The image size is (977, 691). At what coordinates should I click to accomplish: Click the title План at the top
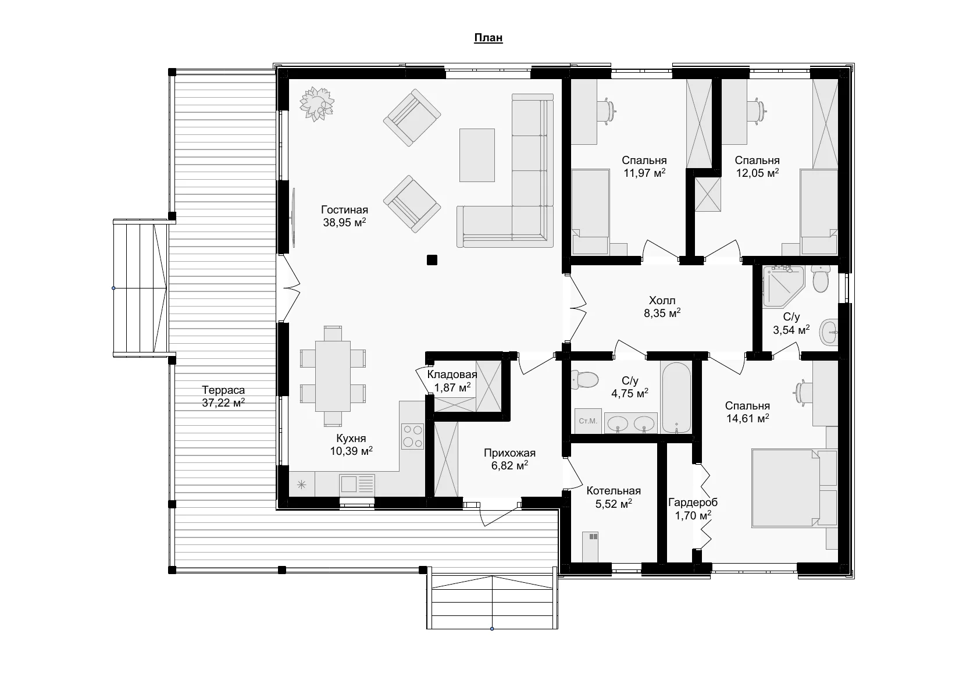click(488, 38)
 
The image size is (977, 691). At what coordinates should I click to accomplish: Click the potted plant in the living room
click(316, 104)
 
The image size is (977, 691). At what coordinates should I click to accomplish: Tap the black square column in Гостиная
click(432, 260)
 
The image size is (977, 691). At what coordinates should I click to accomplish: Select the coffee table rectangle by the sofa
click(477, 155)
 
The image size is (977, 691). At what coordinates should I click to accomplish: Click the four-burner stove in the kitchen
click(412, 436)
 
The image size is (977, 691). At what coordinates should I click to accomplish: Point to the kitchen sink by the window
click(357, 484)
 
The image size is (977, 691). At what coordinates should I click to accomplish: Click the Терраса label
click(223, 390)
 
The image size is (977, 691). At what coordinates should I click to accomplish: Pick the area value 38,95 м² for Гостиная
click(344, 222)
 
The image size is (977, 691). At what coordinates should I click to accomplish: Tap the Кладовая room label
click(452, 375)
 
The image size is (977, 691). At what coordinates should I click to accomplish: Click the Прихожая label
click(509, 453)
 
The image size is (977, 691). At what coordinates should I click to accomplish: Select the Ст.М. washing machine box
click(588, 421)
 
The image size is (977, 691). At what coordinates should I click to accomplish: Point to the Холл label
click(662, 301)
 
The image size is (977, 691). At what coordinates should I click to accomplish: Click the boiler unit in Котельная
click(590, 547)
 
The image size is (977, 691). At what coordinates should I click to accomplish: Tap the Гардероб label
click(693, 503)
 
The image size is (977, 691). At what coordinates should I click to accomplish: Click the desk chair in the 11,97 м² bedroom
click(607, 111)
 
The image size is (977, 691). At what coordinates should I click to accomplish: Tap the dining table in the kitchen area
click(333, 376)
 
